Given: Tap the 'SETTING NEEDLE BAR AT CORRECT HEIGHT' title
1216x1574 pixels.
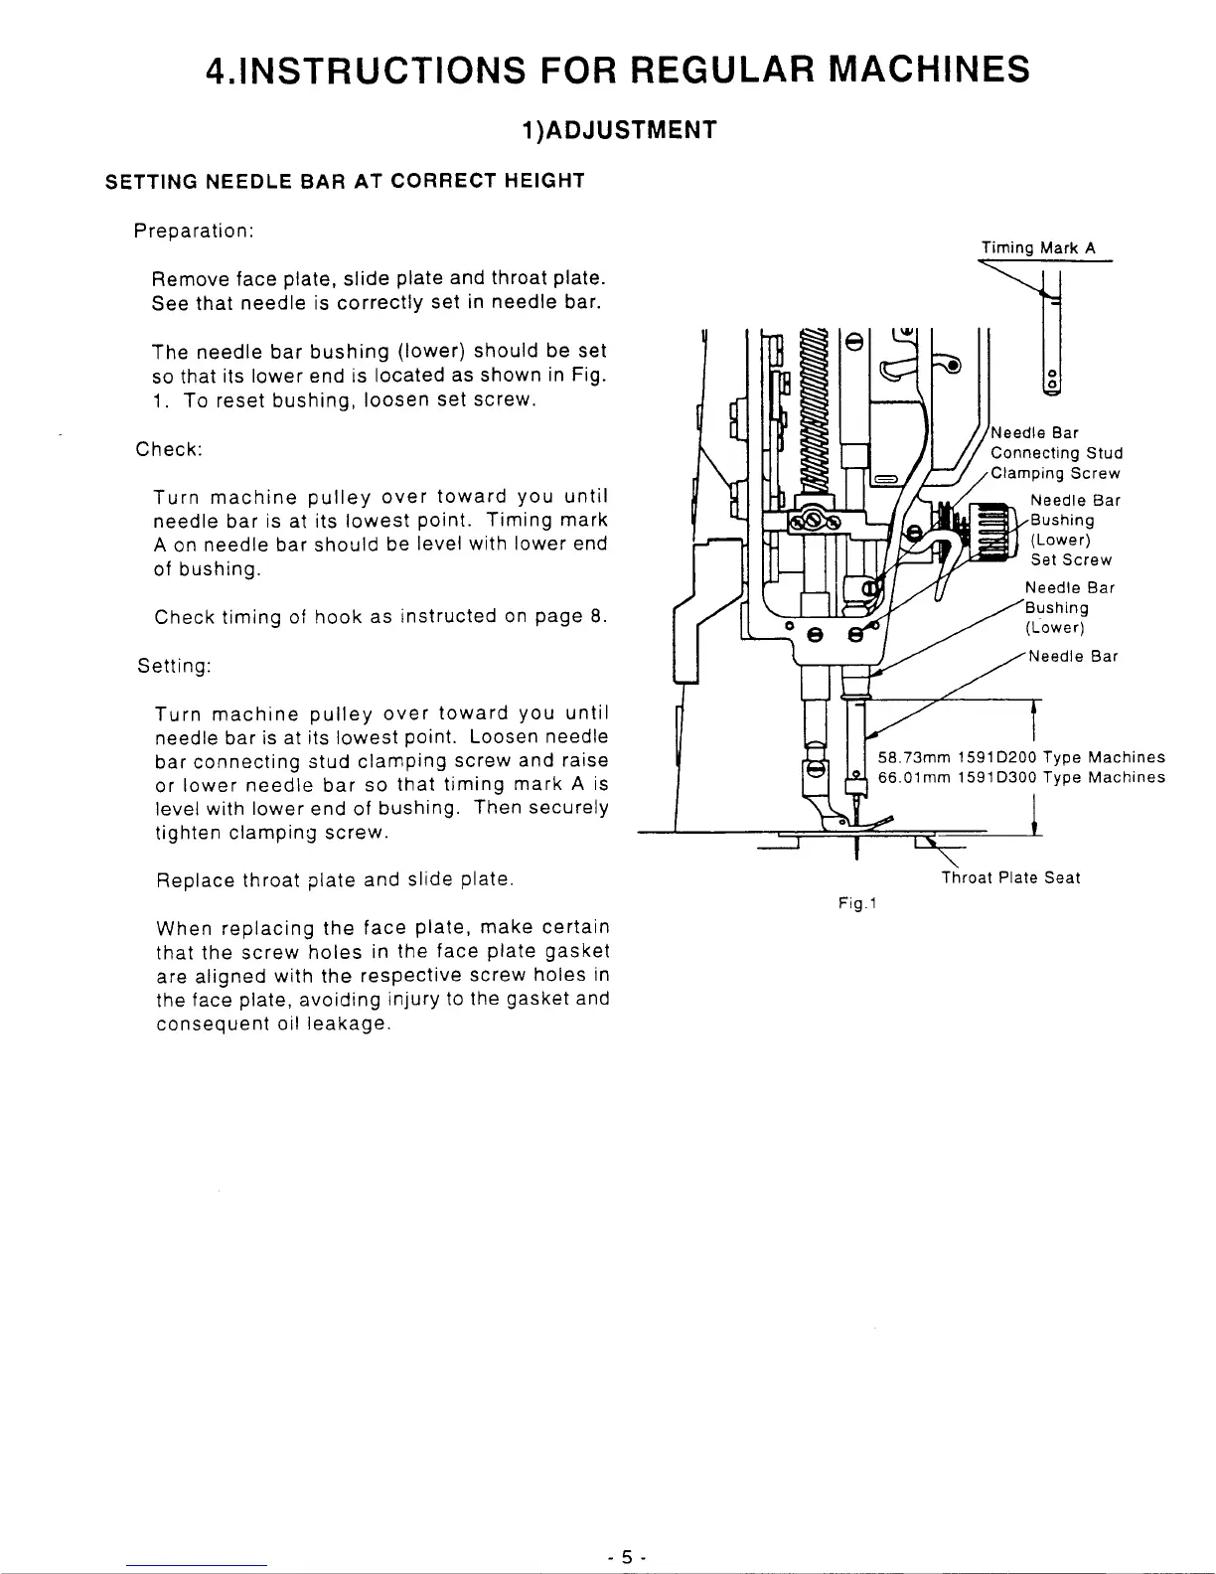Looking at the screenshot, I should [x=345, y=181].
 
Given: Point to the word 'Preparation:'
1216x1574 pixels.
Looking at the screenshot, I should [x=196, y=231].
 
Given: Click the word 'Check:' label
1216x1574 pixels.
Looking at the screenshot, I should [x=169, y=448].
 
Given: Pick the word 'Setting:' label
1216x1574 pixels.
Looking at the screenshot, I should [x=174, y=666].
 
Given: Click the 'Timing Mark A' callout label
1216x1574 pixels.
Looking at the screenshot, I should [x=1038, y=248].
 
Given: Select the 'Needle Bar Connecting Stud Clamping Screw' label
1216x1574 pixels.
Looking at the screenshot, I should [x=1055, y=453].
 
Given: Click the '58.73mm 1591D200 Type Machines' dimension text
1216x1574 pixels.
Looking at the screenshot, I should [x=1021, y=757].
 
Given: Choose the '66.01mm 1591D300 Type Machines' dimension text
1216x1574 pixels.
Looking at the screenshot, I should [x=1021, y=777].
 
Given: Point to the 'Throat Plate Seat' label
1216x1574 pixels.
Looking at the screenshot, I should [x=1010, y=877].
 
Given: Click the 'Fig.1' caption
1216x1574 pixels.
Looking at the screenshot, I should [x=854, y=903].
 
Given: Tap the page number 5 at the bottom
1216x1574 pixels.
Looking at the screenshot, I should [x=627, y=1558].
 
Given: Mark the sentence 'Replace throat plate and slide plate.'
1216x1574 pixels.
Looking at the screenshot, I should [x=335, y=879].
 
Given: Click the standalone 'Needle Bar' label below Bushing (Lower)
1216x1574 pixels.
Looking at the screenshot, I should [x=1074, y=656].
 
